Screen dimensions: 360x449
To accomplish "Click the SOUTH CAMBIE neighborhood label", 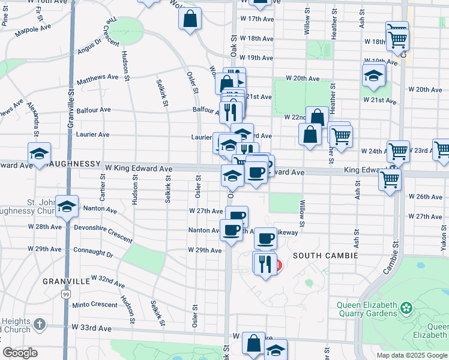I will click(x=325, y=256).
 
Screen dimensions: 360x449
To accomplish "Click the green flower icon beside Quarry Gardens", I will click(x=408, y=308).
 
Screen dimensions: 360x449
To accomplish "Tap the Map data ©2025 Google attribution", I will click(x=412, y=355).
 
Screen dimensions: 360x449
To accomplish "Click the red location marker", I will click(x=277, y=264).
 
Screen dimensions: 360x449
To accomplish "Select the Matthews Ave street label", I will click(x=98, y=77).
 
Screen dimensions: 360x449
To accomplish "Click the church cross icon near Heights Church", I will click(x=39, y=325).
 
